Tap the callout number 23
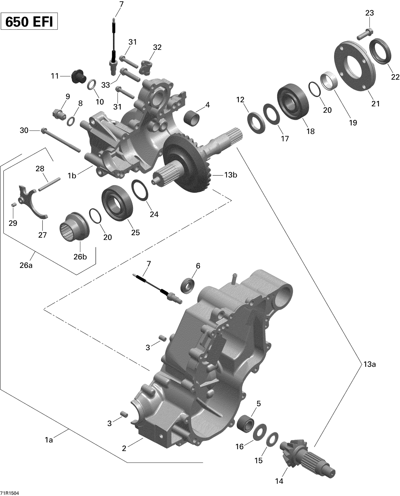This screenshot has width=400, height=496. (x=369, y=13)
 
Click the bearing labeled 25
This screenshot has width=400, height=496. (x=117, y=203)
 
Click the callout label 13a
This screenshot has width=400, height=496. (x=369, y=364)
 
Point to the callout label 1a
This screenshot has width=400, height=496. (x=49, y=440)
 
